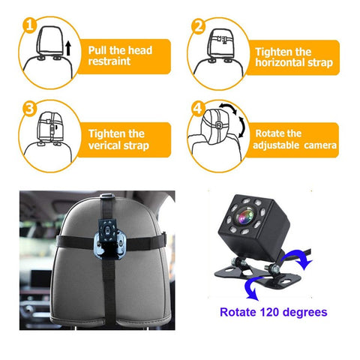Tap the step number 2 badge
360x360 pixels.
[198, 26]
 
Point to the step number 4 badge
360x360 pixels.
[198, 108]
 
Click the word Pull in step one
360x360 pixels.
[100, 50]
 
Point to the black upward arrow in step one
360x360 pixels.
[67, 51]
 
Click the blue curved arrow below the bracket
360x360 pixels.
[253, 289]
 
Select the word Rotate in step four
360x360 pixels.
[268, 133]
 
